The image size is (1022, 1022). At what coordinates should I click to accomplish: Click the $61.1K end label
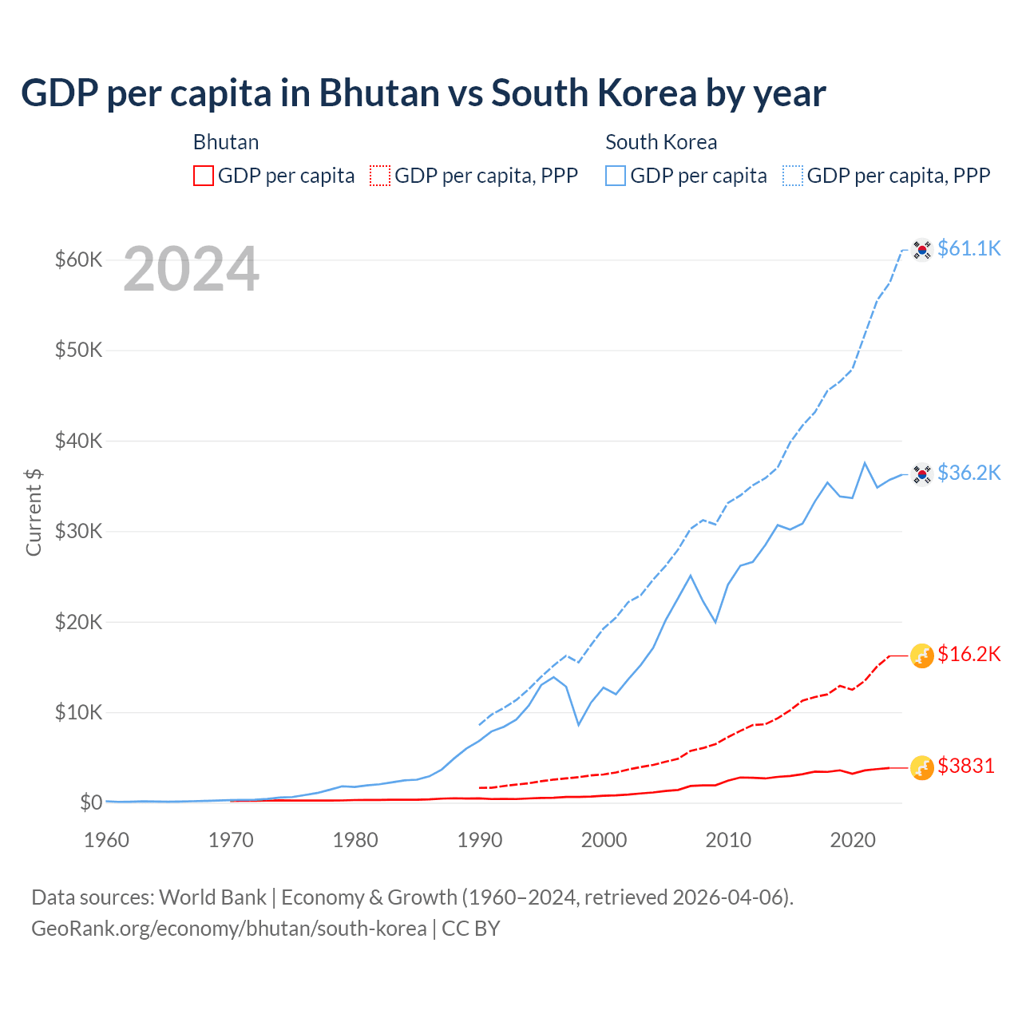pyautogui.click(x=969, y=248)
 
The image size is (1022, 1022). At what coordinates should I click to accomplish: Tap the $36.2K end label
pyautogui.click(x=969, y=473)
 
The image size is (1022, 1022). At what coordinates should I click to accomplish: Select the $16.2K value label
pyautogui.click(x=969, y=655)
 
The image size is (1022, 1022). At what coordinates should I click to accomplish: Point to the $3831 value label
pyautogui.click(x=966, y=766)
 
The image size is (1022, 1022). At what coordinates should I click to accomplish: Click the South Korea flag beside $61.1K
pyautogui.click(x=922, y=250)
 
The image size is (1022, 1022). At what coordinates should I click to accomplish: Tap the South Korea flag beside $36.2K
pyautogui.click(x=922, y=474)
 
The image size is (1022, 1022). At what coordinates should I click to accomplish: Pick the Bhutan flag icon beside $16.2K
pyautogui.click(x=922, y=656)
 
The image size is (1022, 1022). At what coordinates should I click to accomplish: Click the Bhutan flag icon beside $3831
pyautogui.click(x=922, y=767)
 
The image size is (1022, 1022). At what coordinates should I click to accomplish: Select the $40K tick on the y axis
pyautogui.click(x=78, y=441)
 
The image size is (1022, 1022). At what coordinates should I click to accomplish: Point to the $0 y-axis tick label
pyautogui.click(x=91, y=802)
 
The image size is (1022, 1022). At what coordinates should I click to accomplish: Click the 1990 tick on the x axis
pyautogui.click(x=480, y=840)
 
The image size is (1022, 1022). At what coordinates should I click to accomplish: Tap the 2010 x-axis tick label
pyautogui.click(x=728, y=840)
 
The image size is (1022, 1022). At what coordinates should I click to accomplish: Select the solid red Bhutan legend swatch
pyautogui.click(x=204, y=176)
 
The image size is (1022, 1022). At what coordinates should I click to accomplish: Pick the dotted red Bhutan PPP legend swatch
pyautogui.click(x=380, y=176)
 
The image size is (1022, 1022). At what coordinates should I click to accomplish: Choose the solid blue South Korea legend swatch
pyautogui.click(x=616, y=176)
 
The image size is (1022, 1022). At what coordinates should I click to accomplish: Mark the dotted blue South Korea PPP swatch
pyautogui.click(x=793, y=176)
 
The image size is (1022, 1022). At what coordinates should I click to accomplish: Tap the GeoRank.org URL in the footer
pyautogui.click(x=228, y=929)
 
